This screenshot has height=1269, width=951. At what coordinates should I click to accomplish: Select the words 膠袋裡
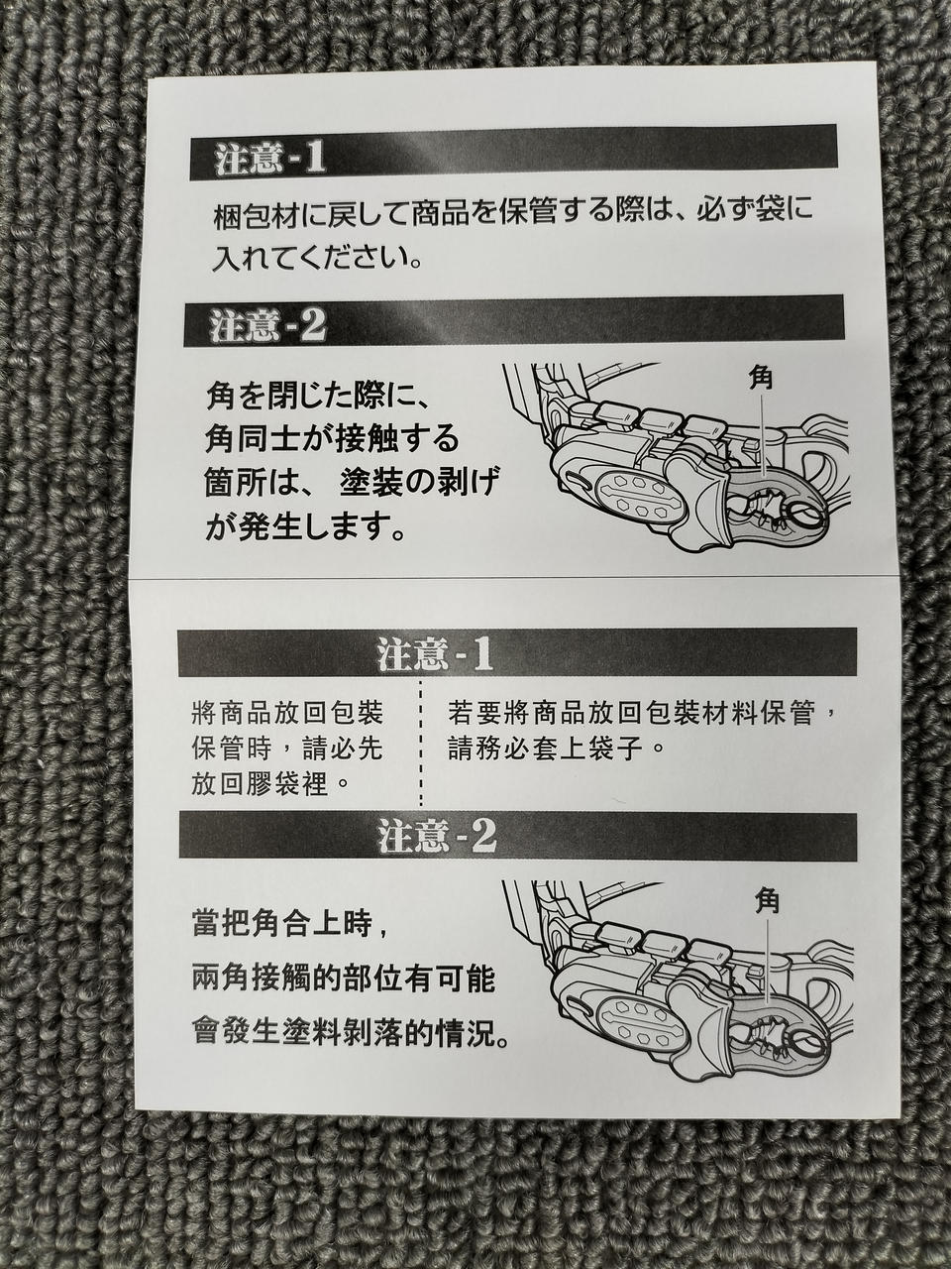tap(286, 784)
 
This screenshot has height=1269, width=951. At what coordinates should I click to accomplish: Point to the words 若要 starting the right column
tap(476, 714)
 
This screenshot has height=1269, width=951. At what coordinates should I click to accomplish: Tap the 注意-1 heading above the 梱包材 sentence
tap(269, 160)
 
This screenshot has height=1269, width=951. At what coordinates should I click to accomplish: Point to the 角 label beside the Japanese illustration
tap(761, 380)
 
